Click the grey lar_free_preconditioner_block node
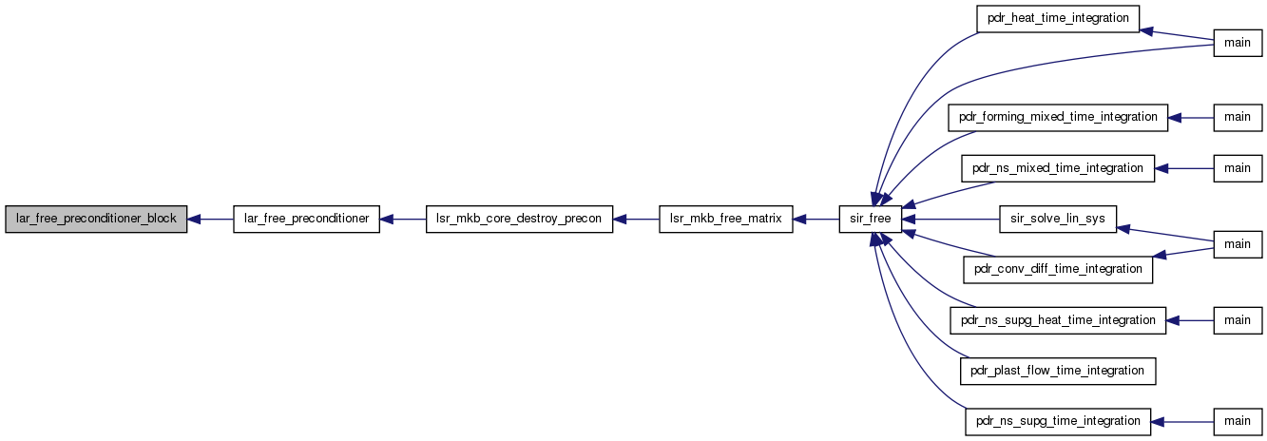(96, 219)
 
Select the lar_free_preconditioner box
(307, 219)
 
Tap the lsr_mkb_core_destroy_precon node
(519, 219)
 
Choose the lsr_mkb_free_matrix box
(725, 219)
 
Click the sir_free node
(871, 219)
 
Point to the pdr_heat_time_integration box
(1058, 19)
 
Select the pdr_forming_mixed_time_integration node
(1058, 118)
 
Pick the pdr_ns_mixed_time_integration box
(1058, 168)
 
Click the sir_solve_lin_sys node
(1058, 219)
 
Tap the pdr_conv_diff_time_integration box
(1058, 270)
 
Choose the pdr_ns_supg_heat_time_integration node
(1058, 320)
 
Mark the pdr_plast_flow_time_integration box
(1058, 371)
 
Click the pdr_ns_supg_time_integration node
(1058, 422)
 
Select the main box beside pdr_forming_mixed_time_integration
(1238, 118)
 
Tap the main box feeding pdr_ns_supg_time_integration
(1238, 422)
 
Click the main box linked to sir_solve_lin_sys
(1238, 244)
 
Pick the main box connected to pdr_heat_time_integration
(1238, 43)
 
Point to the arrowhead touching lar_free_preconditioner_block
(194, 219)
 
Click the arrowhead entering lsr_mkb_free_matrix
(799, 219)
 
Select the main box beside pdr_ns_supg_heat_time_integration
(1238, 320)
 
